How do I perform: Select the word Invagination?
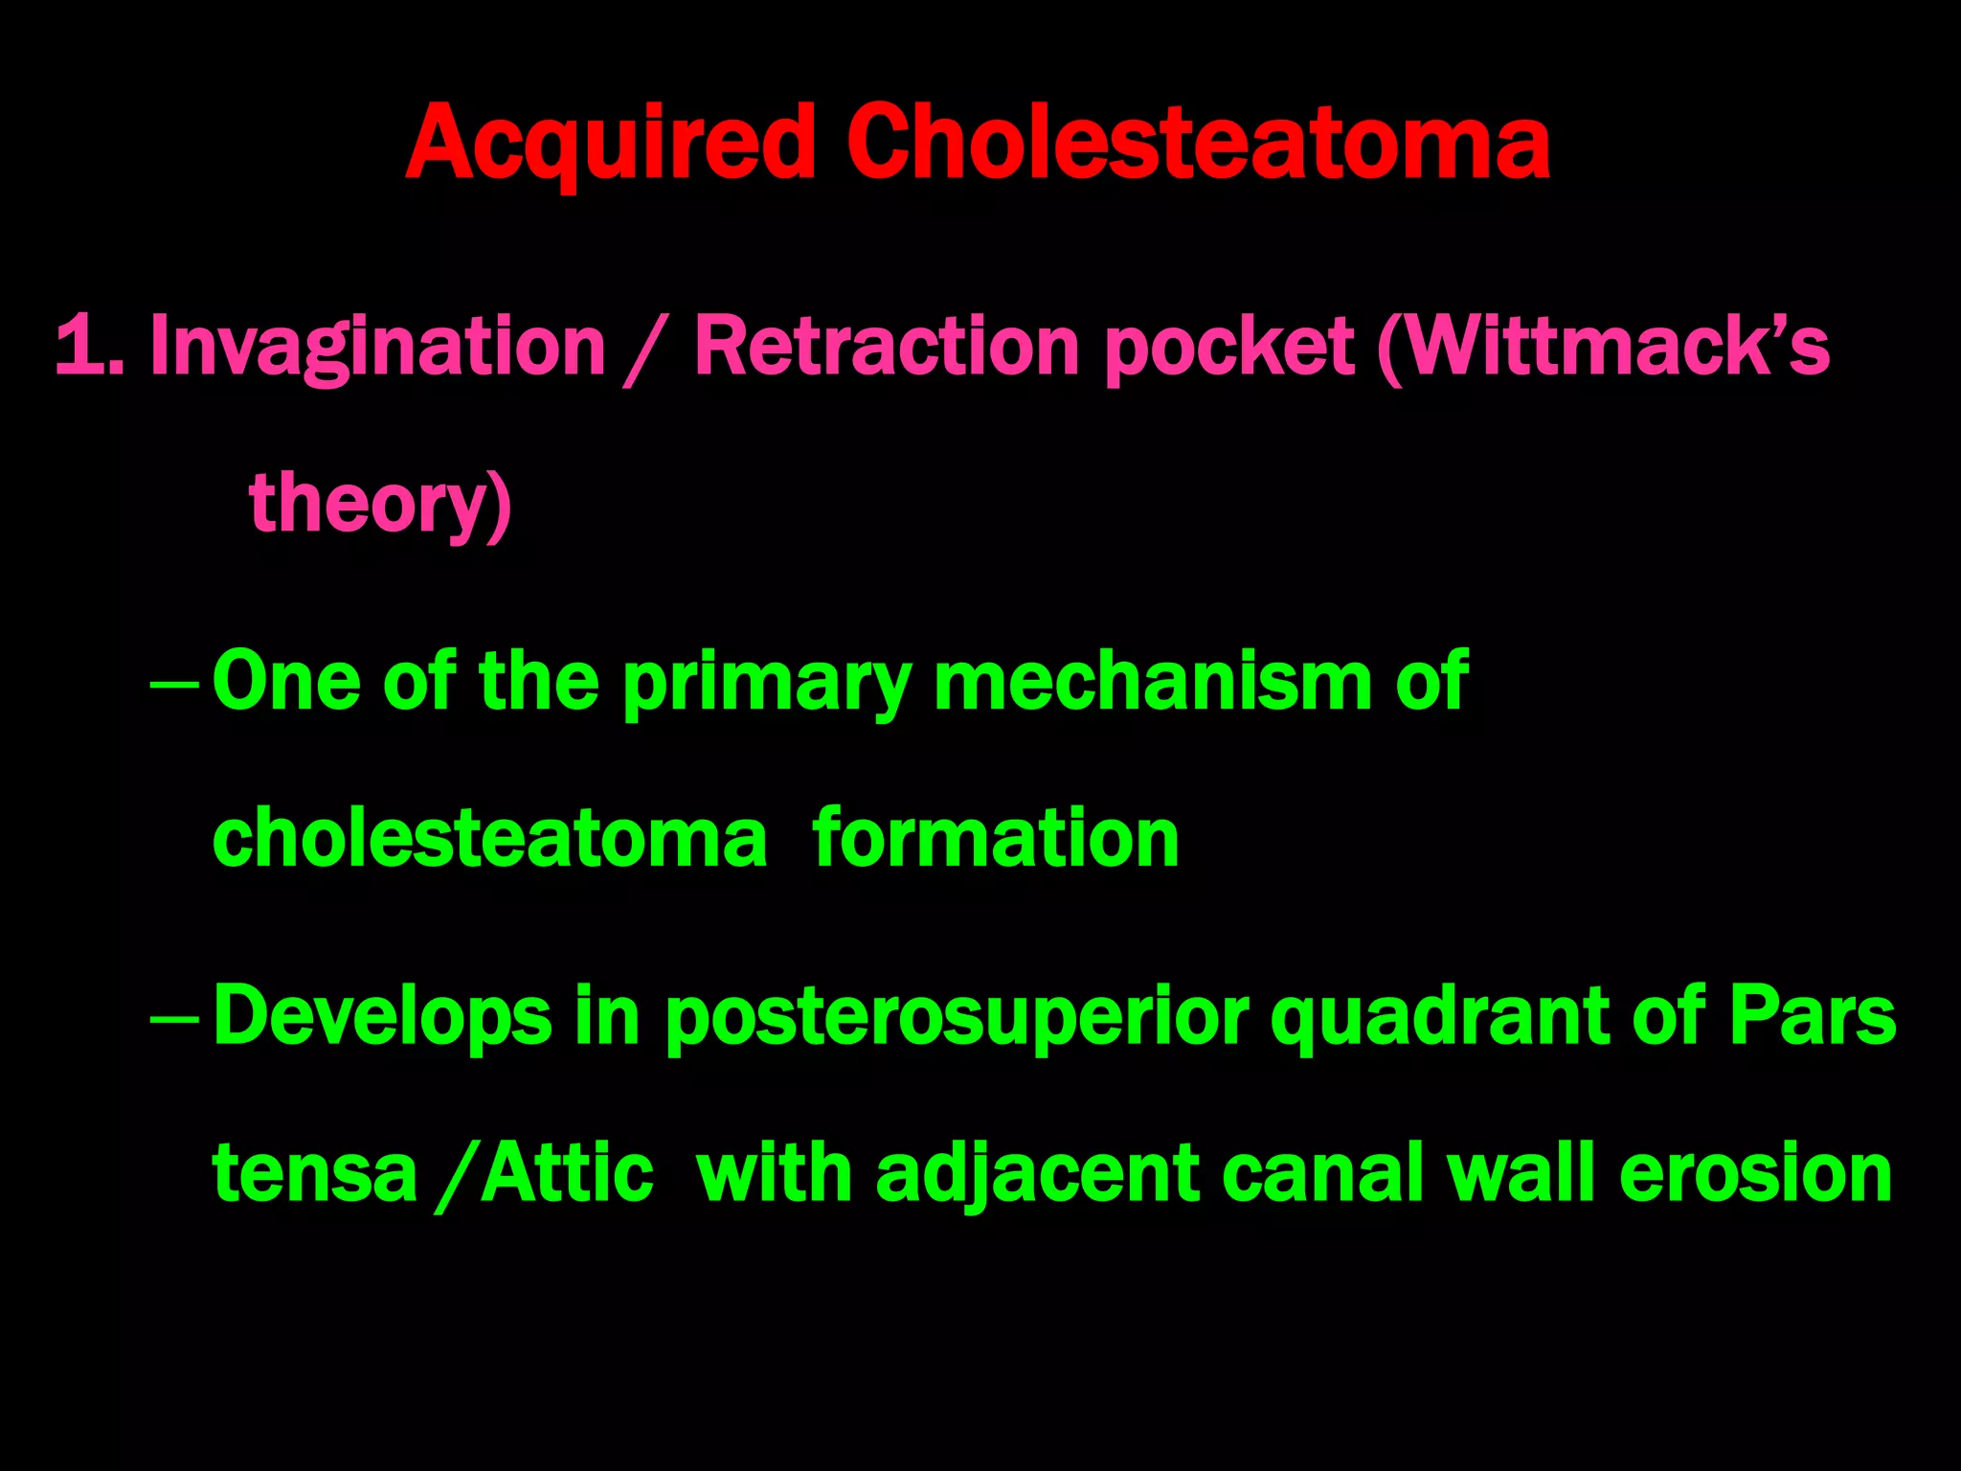pyautogui.click(x=378, y=347)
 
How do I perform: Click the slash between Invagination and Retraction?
pyautogui.click(x=644, y=351)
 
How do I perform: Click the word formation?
pyautogui.click(x=996, y=839)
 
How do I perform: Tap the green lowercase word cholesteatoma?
pyautogui.click(x=489, y=839)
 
